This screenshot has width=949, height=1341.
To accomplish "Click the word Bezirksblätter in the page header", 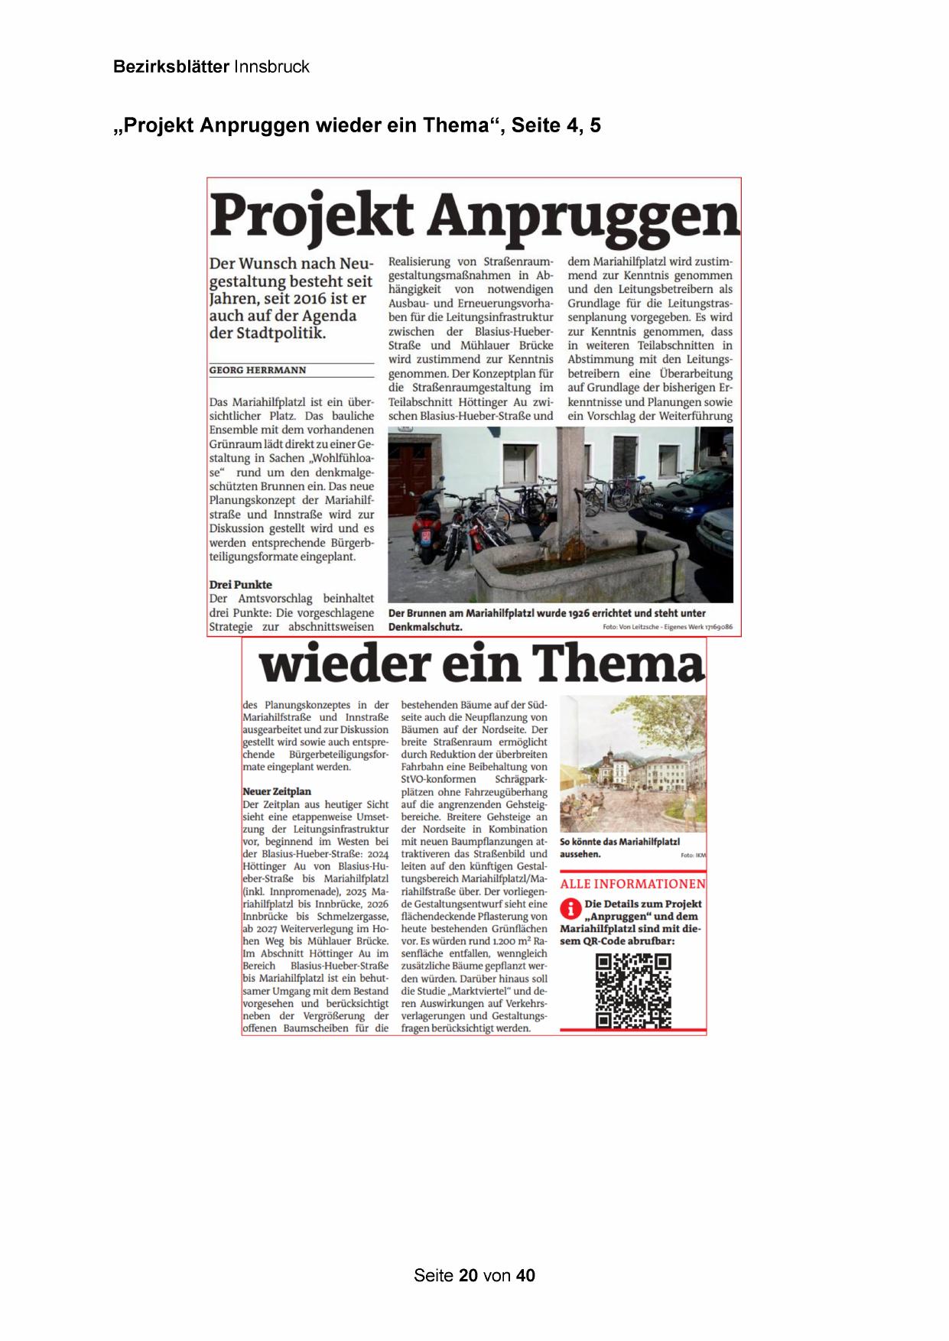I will point(171,67).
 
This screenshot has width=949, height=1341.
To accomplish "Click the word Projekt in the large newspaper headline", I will point(311,216).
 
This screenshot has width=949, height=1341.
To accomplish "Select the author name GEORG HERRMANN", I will point(258,370).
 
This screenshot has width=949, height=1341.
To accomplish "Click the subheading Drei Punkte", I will point(240,584).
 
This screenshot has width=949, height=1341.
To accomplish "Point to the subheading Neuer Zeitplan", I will point(277,791).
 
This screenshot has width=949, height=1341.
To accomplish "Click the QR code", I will point(633,991).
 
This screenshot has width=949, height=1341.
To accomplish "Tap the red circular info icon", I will point(570,908).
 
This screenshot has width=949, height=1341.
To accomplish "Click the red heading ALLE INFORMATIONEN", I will point(632,884).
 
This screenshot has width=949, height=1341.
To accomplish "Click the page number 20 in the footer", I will point(469,1275).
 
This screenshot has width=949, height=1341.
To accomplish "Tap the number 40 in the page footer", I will point(525,1275).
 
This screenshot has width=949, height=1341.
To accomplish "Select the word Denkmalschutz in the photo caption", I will point(424,627).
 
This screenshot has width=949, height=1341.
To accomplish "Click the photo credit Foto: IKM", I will point(693,856).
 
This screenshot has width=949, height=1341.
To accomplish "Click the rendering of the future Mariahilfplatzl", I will point(632,765).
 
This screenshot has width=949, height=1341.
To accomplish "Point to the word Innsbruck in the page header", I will point(271,67).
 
